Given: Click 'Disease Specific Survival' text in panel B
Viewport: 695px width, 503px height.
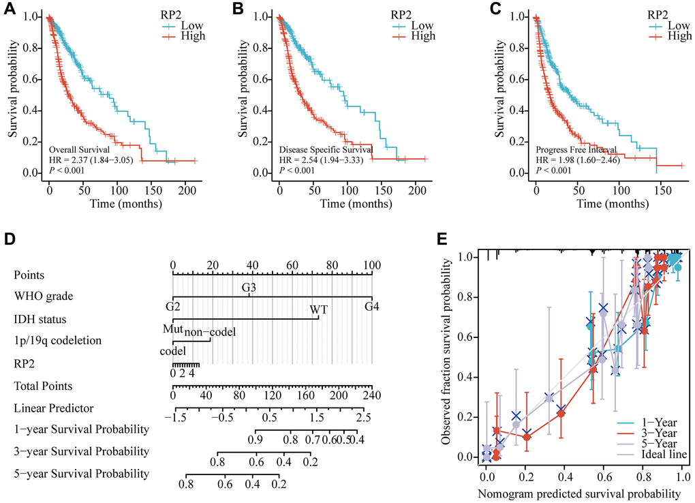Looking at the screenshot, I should click(x=326, y=149).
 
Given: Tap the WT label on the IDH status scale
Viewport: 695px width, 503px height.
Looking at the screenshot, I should click(x=318, y=309).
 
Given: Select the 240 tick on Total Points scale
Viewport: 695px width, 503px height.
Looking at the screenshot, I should click(x=371, y=395).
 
